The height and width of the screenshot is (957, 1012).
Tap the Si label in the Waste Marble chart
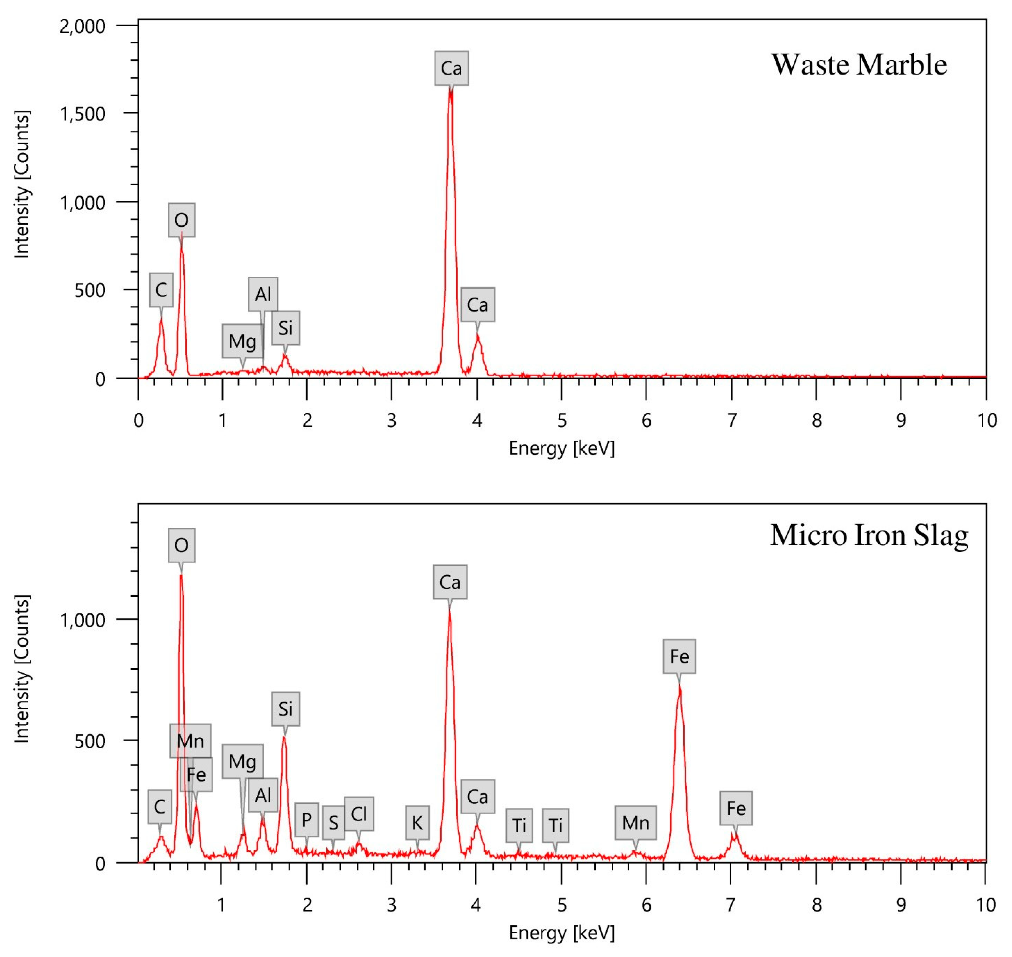pyautogui.click(x=285, y=328)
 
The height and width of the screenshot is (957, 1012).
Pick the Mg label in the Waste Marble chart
pyautogui.click(x=242, y=341)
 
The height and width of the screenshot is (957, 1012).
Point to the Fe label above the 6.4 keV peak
pyautogui.click(x=679, y=656)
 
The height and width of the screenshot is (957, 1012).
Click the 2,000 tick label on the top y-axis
pyautogui.click(x=83, y=26)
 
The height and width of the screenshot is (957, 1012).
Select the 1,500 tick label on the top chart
pyautogui.click(x=83, y=114)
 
